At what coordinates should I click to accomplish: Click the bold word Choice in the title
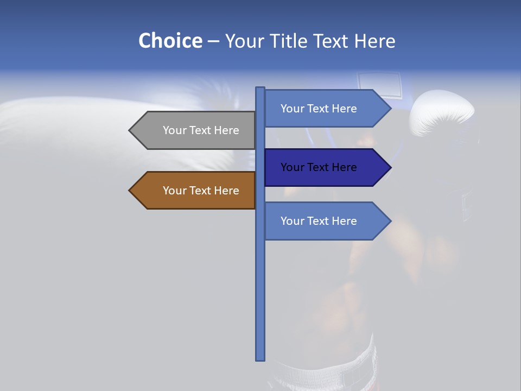[170, 41]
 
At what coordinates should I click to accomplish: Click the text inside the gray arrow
[201, 130]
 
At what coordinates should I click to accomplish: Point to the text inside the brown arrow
[201, 191]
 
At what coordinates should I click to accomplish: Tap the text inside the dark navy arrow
[319, 167]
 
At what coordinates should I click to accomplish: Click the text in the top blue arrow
[319, 109]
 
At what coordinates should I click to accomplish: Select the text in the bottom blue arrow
[319, 221]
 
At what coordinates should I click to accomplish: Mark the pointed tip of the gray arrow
[130, 130]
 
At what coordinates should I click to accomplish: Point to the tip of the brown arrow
[130, 191]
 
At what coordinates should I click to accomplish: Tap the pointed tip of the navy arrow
[390, 167]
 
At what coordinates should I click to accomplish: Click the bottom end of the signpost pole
[260, 358]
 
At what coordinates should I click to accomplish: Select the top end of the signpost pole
[260, 89]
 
